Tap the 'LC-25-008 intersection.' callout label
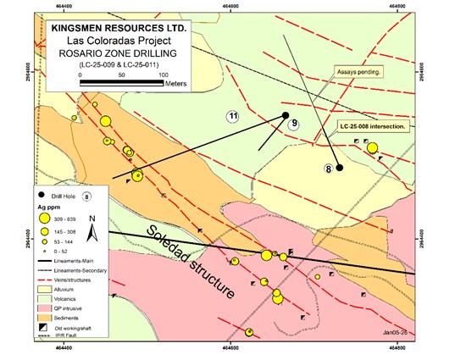374,125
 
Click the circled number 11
233,116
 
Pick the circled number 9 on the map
294,125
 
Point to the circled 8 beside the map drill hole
327,169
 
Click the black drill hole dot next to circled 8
340,168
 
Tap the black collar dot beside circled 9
286,114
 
